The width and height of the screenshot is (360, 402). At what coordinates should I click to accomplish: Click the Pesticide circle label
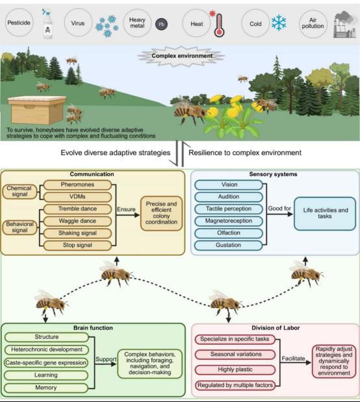19,23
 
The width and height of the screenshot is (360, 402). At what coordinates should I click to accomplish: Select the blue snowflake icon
279,23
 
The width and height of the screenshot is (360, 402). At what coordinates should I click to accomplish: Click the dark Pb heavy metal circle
161,25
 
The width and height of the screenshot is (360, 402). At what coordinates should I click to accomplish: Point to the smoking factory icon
344,25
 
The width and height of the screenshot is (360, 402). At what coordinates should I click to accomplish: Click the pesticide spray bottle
47,24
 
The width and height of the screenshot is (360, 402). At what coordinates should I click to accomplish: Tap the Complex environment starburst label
182,56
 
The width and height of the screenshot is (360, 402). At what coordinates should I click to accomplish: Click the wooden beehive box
37,110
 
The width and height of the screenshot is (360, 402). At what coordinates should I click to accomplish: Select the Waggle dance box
77,221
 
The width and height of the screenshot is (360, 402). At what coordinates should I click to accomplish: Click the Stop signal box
77,245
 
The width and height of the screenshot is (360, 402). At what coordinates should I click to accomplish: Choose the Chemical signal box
19,191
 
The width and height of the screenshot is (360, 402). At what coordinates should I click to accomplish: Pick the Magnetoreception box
229,221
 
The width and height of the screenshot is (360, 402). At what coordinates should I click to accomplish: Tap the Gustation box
229,245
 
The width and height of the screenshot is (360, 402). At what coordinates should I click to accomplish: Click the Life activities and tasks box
325,213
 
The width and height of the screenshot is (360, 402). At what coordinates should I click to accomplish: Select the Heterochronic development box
47,349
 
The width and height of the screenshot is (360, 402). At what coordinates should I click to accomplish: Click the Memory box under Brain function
46,388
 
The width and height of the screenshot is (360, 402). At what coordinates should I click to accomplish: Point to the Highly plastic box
235,370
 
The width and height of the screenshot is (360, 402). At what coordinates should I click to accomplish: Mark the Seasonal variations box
235,355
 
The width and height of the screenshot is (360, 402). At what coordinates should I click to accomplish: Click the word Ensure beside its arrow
126,209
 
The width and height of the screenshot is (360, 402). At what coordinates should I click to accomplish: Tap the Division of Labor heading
276,328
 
